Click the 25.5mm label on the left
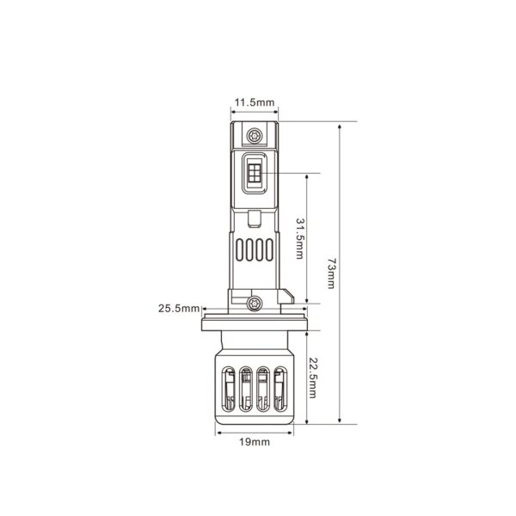point(179,308)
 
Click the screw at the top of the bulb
point(254,135)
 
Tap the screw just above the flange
point(254,302)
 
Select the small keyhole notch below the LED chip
point(255,212)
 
